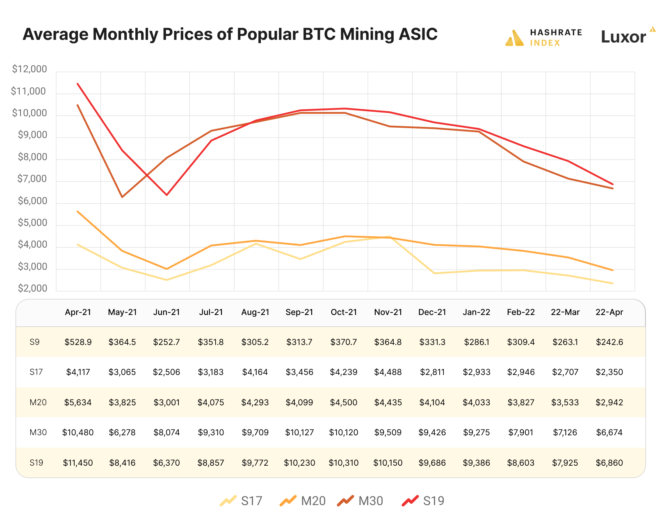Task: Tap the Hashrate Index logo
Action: point(543,38)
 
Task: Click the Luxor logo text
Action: point(623,37)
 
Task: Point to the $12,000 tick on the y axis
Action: point(30,69)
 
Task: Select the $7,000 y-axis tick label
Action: point(32,179)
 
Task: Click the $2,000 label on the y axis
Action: point(32,289)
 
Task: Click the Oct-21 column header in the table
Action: point(344,312)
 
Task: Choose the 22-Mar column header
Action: point(565,312)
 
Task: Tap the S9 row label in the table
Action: point(35,342)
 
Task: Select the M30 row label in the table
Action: point(38,432)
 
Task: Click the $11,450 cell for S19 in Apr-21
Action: point(78,463)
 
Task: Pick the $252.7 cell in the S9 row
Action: point(166,342)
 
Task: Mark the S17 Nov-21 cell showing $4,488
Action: point(388,372)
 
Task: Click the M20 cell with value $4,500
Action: point(344,402)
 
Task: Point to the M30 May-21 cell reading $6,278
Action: point(122,432)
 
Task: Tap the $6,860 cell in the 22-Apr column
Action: point(609,463)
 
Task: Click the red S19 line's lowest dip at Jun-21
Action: point(166,195)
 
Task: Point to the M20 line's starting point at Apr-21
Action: point(78,211)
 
